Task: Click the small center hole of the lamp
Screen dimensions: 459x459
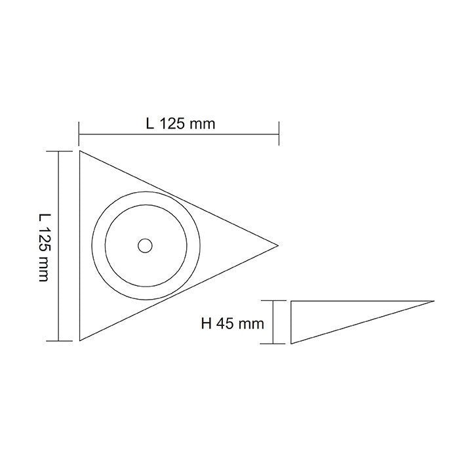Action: point(144,246)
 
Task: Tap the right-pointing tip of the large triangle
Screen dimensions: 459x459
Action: point(278,245)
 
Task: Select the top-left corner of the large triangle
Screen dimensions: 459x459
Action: point(79,151)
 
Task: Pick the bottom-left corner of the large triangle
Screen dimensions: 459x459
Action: point(79,340)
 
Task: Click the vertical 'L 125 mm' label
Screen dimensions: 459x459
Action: point(43,247)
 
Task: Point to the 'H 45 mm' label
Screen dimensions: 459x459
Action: point(233,323)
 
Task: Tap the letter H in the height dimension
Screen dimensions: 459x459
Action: point(207,323)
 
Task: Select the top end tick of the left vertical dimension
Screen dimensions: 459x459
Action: point(60,151)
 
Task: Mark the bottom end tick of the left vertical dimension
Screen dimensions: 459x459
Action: point(60,341)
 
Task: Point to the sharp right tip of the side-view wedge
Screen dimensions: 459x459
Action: point(433,301)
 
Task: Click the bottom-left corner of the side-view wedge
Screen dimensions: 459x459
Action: point(290,343)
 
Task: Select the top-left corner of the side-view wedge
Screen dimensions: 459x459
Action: point(290,301)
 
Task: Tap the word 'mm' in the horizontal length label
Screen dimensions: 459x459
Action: point(203,123)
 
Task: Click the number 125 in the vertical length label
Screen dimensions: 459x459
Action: point(43,239)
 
